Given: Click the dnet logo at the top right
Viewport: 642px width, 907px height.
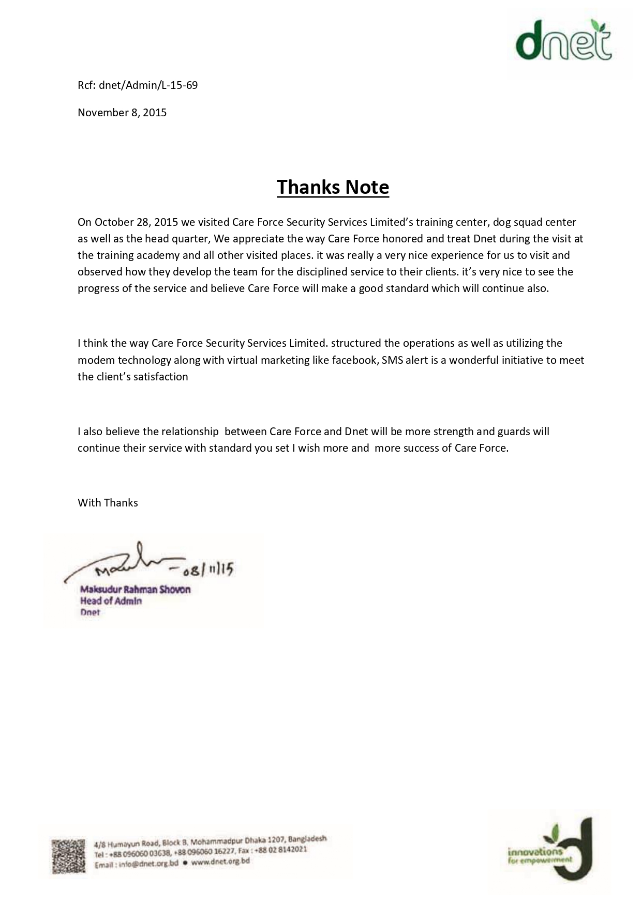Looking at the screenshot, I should point(564,41).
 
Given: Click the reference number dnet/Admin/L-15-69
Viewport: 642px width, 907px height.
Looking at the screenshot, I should point(148,85).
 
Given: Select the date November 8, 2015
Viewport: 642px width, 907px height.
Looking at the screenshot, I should point(122,113).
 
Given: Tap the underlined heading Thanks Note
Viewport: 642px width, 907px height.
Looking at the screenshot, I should point(333,187).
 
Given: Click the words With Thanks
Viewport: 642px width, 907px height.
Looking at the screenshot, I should point(108,503).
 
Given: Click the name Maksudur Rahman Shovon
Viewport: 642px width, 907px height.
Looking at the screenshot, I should point(136,589).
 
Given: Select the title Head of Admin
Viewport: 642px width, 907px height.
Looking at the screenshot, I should point(111,601).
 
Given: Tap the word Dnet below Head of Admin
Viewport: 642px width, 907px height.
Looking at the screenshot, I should point(90,613).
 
